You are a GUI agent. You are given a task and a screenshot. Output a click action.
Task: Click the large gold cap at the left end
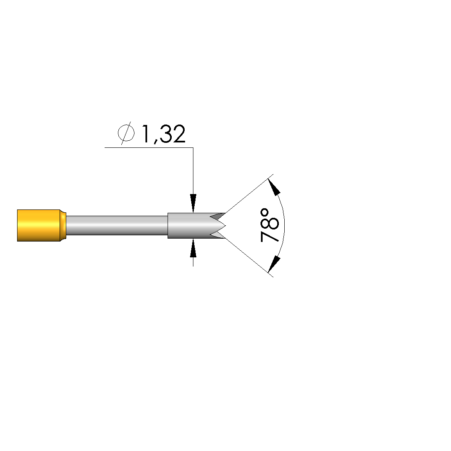[x=39, y=225]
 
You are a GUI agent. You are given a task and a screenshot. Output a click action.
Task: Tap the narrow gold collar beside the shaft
[x=63, y=225]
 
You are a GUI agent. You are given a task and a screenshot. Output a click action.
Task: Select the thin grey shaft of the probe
[x=117, y=225]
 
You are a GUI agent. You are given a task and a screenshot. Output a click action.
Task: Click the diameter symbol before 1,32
[x=126, y=133]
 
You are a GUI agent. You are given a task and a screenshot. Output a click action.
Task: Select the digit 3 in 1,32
[x=166, y=134]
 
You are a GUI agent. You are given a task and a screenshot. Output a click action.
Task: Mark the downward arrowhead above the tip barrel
[x=193, y=203]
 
